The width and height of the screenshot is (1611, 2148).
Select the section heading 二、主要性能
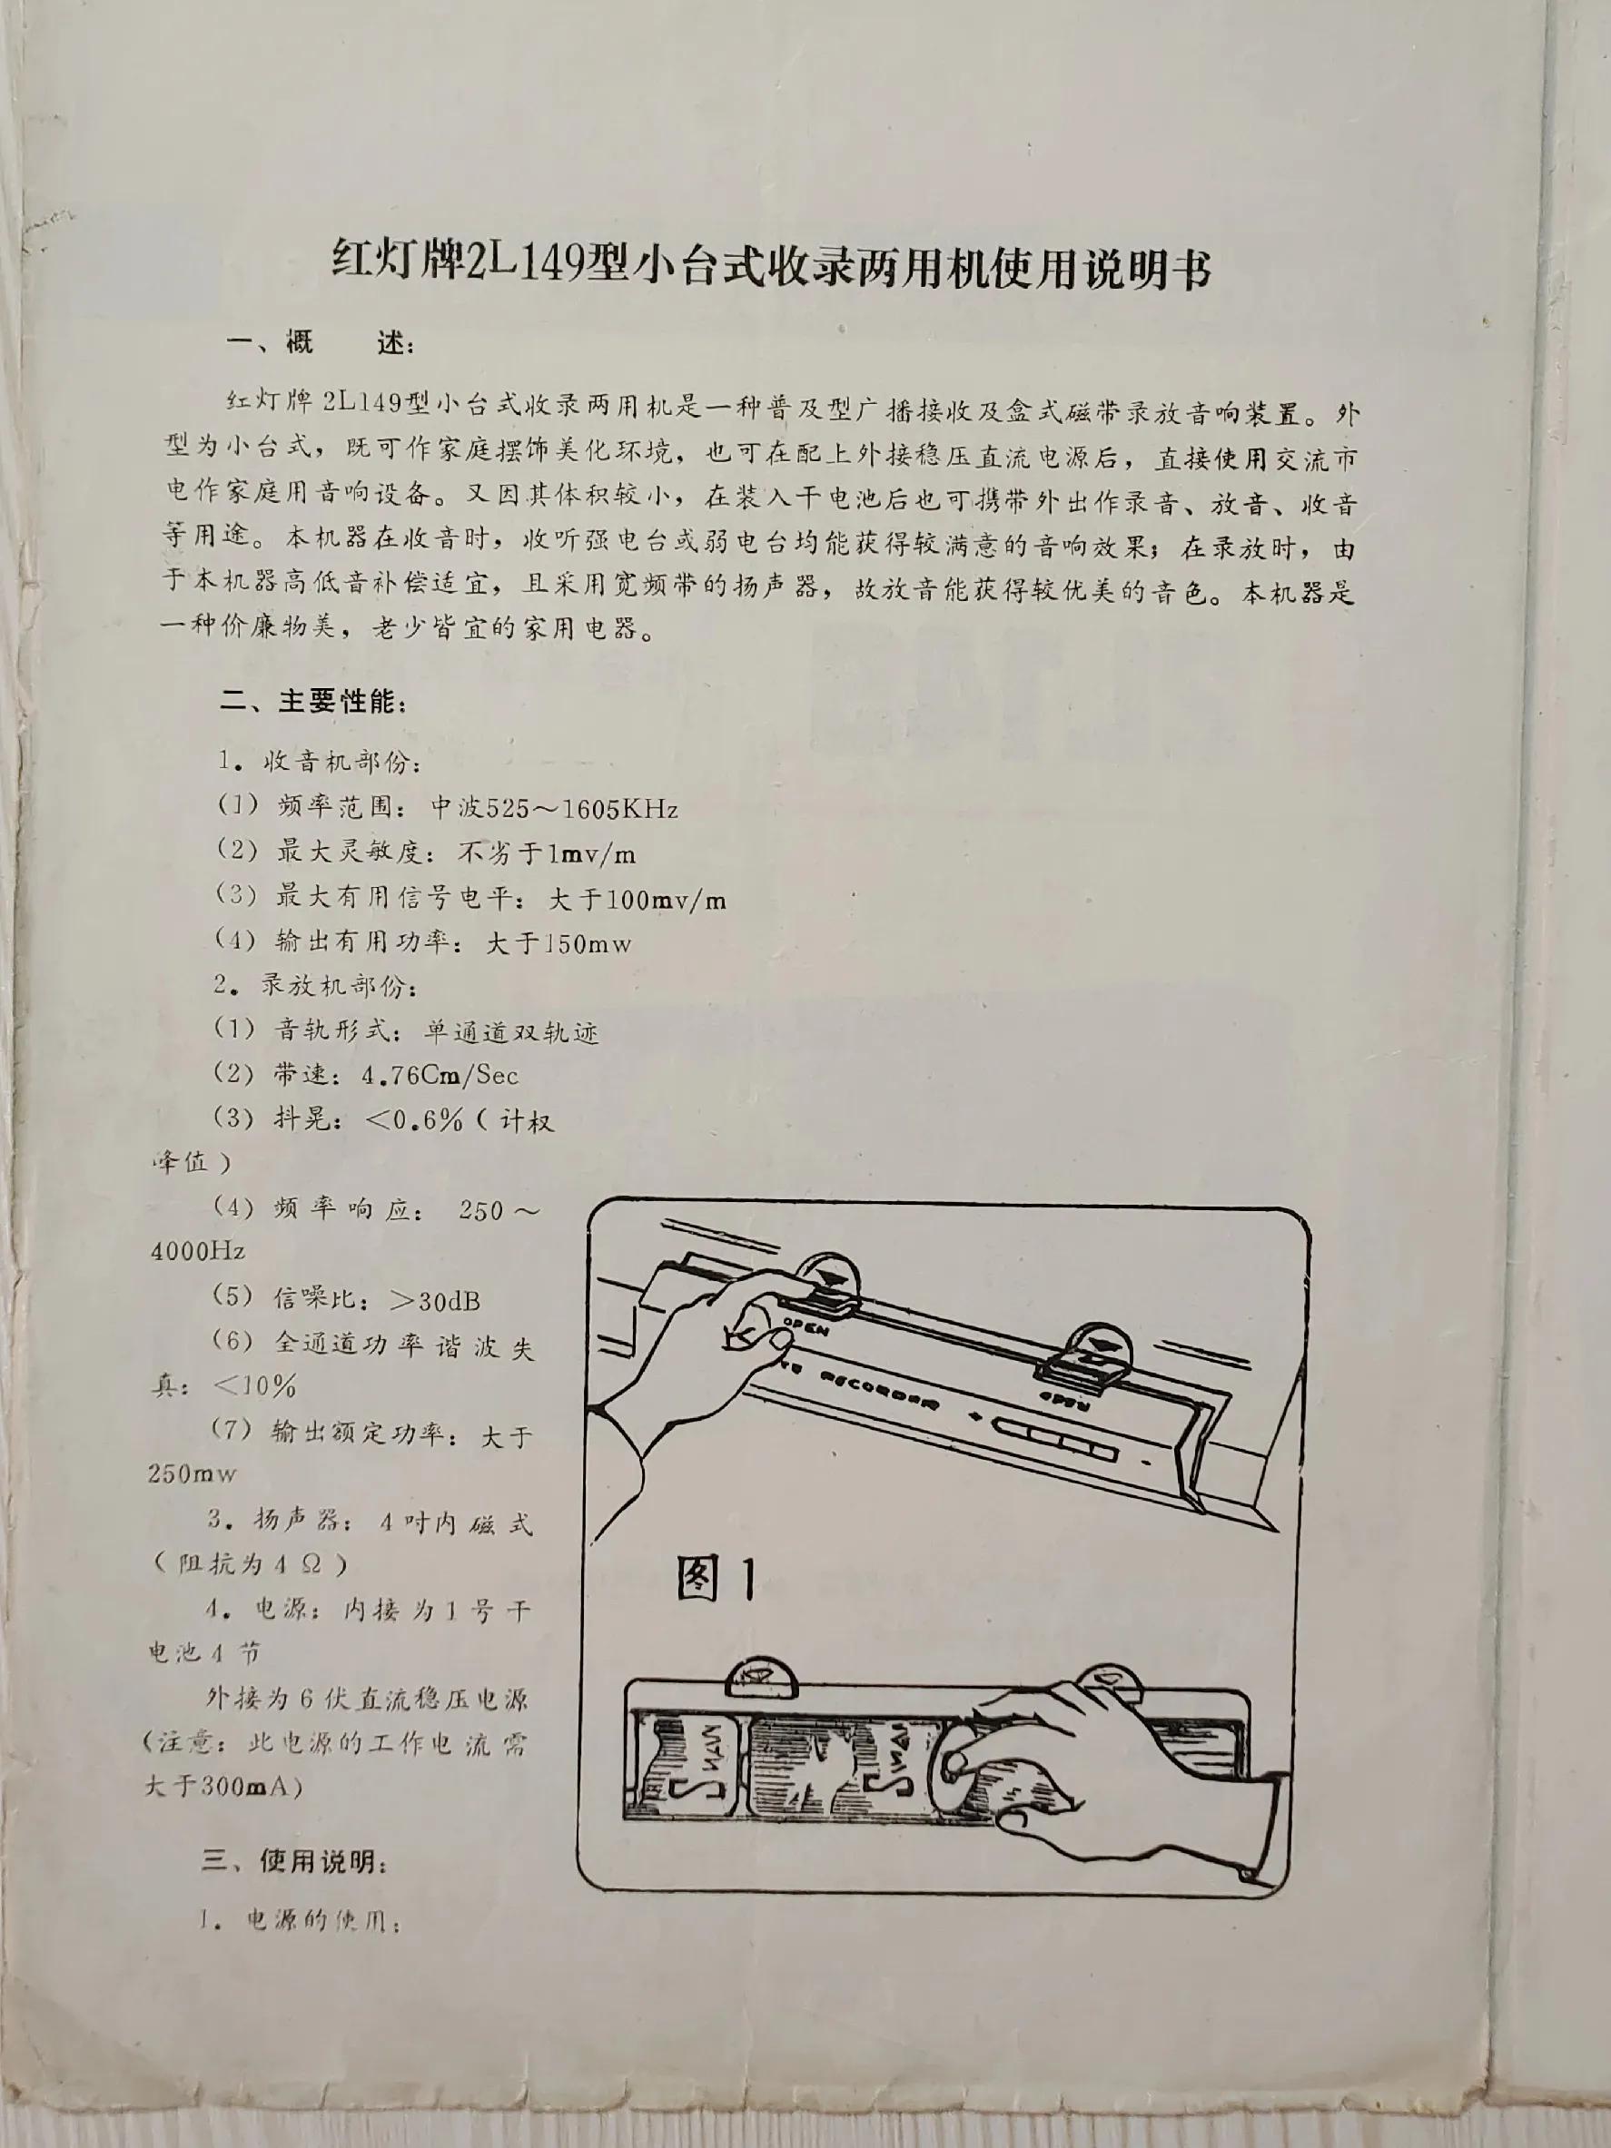[x=313, y=702]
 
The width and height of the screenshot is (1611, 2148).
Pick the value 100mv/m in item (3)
[x=665, y=899]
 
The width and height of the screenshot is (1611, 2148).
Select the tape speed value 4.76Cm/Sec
[x=439, y=1075]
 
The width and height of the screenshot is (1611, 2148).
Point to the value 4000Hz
[x=198, y=1251]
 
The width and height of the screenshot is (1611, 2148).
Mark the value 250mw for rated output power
[x=193, y=1474]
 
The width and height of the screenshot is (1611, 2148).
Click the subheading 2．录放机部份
[x=318, y=988]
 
